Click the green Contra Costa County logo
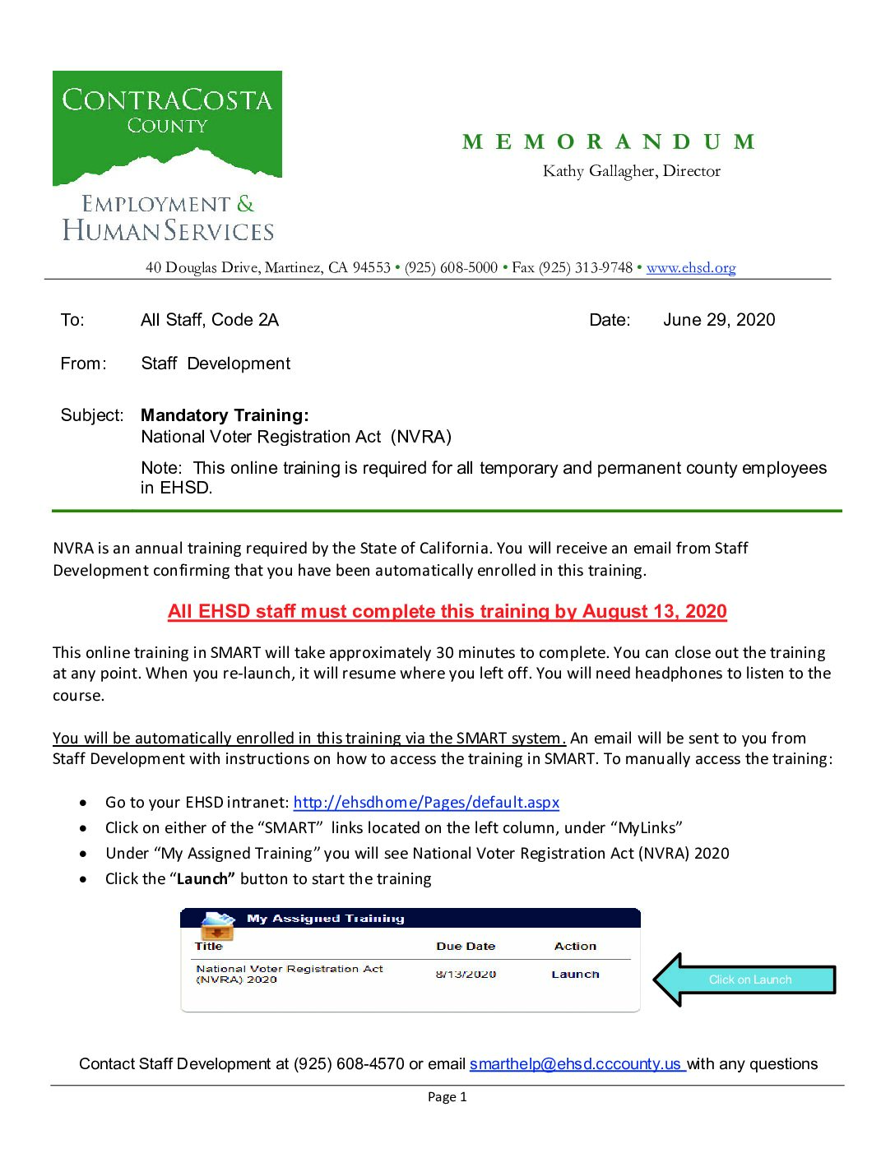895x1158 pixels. (x=167, y=127)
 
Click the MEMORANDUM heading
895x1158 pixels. (x=609, y=142)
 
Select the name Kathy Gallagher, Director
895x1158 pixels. (x=631, y=171)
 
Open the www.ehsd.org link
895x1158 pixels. (x=691, y=268)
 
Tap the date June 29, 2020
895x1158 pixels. (x=719, y=320)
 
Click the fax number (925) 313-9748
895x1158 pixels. (x=586, y=268)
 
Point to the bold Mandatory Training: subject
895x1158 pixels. (x=225, y=415)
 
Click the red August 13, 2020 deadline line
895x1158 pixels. (x=447, y=612)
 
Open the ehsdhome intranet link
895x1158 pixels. (x=426, y=803)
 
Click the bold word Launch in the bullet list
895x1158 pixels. (x=202, y=879)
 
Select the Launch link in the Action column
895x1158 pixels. (x=575, y=975)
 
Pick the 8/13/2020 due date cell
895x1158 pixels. (x=466, y=975)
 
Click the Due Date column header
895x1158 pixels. (x=466, y=947)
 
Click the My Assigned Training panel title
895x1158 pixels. (x=326, y=919)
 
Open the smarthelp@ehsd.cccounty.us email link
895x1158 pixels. (x=577, y=1064)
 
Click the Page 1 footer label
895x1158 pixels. (x=447, y=1097)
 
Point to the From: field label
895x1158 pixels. (x=83, y=364)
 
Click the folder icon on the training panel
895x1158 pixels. (x=217, y=926)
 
